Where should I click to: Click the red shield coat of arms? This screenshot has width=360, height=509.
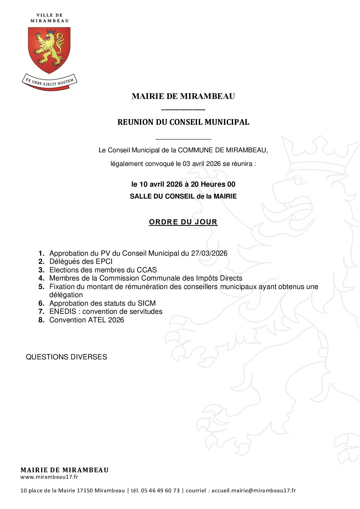pyautogui.click(x=49, y=50)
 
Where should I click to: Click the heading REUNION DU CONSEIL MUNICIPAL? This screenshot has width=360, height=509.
pyautogui.click(x=183, y=122)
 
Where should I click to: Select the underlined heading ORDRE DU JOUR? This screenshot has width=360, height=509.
pyautogui.click(x=183, y=222)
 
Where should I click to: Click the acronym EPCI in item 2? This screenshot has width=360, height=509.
pyautogui.click(x=104, y=261)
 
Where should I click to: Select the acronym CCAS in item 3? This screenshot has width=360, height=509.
pyautogui.click(x=147, y=270)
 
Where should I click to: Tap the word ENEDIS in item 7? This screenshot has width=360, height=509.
pyautogui.click(x=63, y=311)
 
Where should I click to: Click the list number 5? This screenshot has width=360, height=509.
pyautogui.click(x=41, y=287)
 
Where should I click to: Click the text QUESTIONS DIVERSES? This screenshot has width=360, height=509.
pyautogui.click(x=66, y=357)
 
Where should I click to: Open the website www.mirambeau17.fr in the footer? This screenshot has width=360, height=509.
pyautogui.click(x=49, y=477)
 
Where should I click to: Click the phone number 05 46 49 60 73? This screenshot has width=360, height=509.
pyautogui.click(x=160, y=491)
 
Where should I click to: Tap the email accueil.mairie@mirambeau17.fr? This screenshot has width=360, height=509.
pyautogui.click(x=253, y=491)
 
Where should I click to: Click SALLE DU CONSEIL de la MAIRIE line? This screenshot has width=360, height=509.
pyautogui.click(x=183, y=197)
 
